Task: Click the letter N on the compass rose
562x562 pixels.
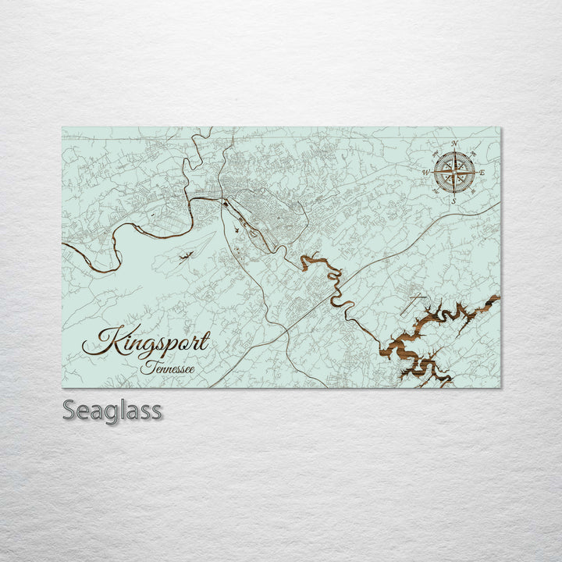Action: (454, 144)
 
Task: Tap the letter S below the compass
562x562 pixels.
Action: (454, 201)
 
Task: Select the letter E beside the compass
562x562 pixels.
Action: (482, 172)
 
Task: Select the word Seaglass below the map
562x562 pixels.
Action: (112, 410)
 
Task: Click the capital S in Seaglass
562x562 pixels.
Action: (69, 410)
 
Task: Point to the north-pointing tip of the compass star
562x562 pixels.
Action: (454, 151)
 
